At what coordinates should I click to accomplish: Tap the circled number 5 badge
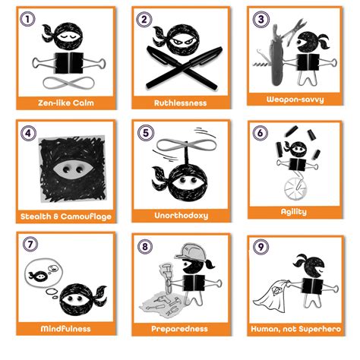(144, 132)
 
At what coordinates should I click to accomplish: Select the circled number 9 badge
(261, 247)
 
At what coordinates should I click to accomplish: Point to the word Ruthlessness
(179, 102)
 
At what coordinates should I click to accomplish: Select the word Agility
(295, 212)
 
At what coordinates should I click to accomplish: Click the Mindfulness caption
(63, 328)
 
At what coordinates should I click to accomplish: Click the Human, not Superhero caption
(295, 328)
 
